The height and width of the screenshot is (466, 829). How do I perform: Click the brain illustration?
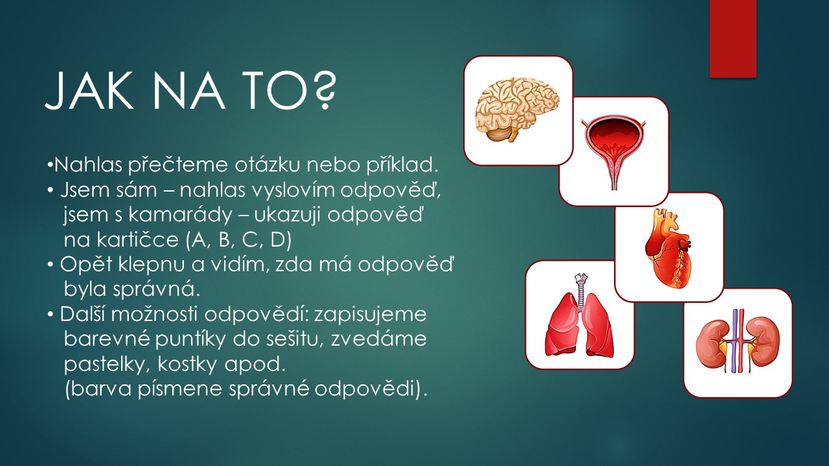click(x=517, y=110)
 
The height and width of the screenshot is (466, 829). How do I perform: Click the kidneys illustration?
click(x=738, y=341)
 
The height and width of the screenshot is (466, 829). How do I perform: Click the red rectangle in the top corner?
click(x=732, y=39)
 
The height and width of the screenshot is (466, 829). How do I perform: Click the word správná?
click(x=156, y=289)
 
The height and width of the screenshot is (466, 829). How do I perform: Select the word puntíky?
click(x=190, y=340)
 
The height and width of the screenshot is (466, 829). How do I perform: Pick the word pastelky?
click(x=106, y=364)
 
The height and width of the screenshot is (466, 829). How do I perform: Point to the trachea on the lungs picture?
click(x=580, y=292)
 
